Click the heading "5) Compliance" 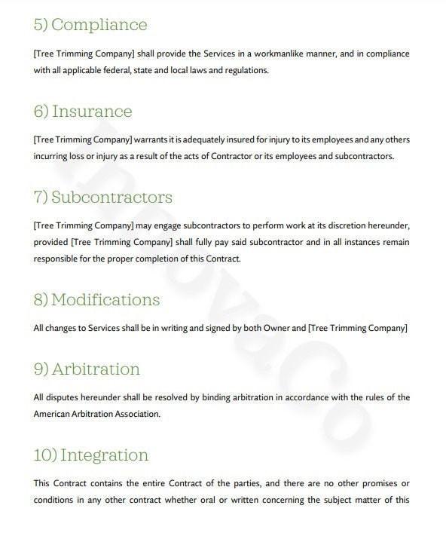click(x=90, y=25)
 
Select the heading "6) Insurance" click(x=83, y=112)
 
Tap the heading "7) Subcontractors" click(x=103, y=198)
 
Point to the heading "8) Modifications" click(x=97, y=299)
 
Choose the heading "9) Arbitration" click(x=87, y=369)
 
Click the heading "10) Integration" click(x=91, y=455)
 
